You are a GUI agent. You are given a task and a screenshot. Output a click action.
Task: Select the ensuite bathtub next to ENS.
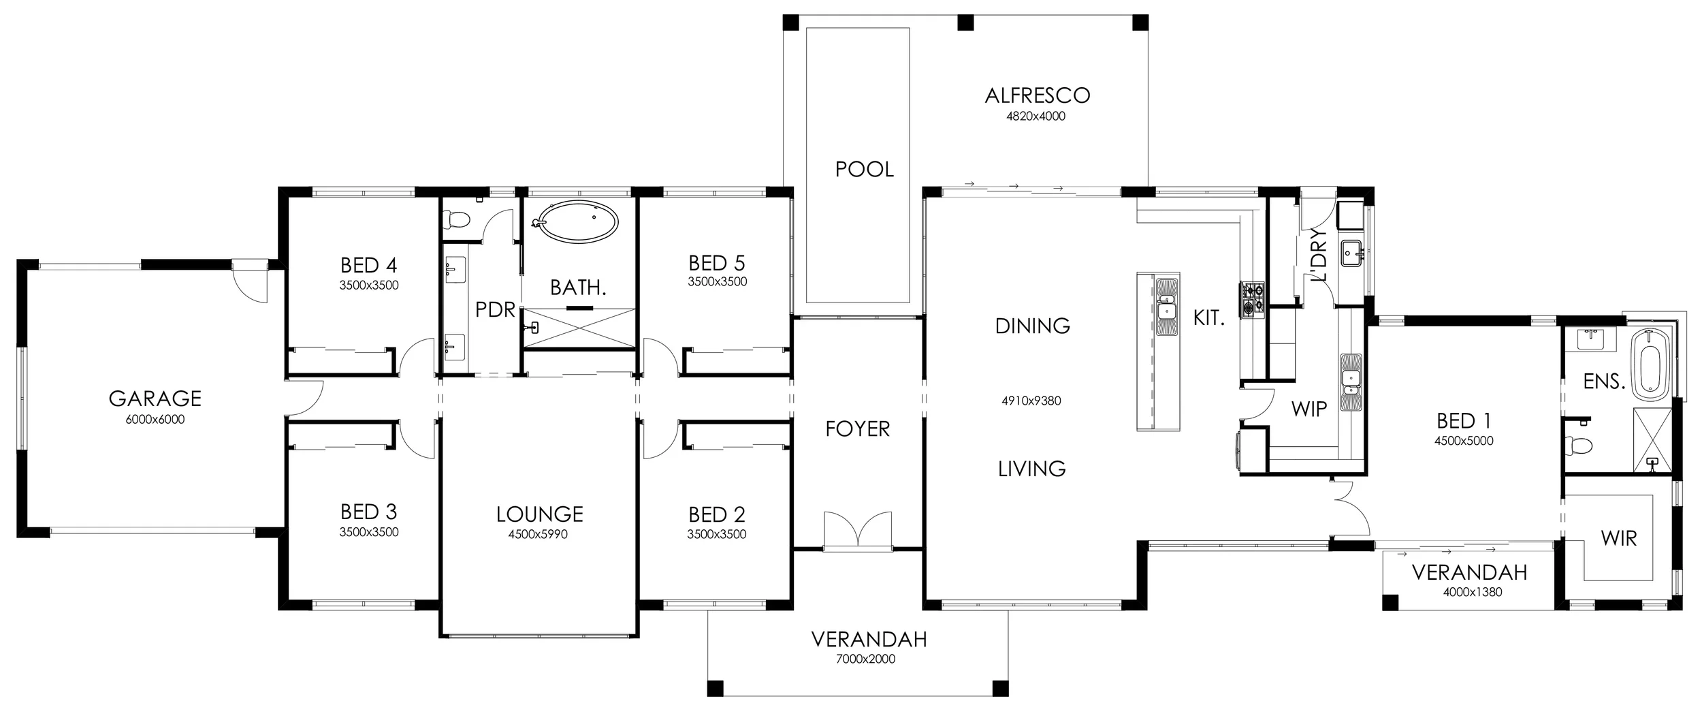(x=1650, y=373)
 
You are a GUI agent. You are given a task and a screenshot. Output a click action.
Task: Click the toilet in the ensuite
(x=1578, y=444)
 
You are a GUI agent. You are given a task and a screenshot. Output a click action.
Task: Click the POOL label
(x=865, y=169)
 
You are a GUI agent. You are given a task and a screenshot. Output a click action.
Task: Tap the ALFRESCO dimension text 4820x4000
(x=1036, y=116)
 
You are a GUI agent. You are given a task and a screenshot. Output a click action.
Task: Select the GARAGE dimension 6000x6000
(x=155, y=420)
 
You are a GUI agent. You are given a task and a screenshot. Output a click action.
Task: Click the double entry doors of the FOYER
(x=858, y=529)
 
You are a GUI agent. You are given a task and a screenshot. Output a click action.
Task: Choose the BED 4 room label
(x=369, y=264)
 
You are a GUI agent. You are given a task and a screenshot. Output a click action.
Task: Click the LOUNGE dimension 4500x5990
(x=538, y=535)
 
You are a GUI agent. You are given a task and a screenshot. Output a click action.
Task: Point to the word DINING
(x=1032, y=326)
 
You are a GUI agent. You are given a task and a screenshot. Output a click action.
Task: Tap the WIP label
(x=1308, y=409)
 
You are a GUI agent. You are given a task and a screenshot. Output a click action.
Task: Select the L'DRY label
(x=1319, y=254)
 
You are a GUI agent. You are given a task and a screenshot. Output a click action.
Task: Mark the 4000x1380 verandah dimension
(x=1472, y=593)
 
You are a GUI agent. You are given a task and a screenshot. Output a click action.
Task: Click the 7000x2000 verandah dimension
(x=865, y=659)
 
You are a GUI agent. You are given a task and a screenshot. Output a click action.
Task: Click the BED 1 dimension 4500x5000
(x=1464, y=441)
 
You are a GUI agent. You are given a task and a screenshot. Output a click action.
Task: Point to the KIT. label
(x=1209, y=317)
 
